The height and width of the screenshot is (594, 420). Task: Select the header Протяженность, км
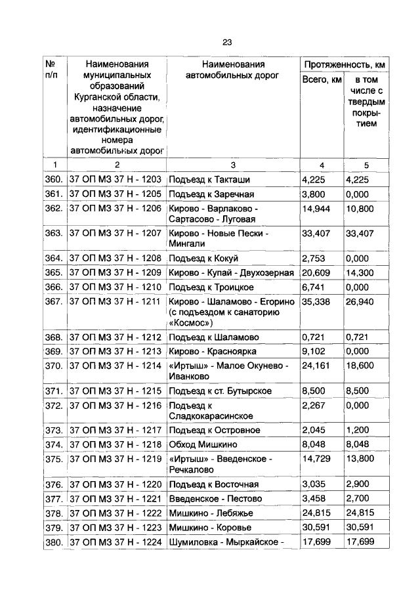click(x=343, y=64)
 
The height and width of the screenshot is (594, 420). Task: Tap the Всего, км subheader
click(x=322, y=80)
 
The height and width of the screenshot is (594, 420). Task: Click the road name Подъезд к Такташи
click(x=209, y=179)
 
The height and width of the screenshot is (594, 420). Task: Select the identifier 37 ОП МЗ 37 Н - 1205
click(x=115, y=194)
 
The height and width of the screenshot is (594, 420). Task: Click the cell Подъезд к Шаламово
click(x=213, y=337)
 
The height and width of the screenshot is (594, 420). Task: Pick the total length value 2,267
click(x=314, y=406)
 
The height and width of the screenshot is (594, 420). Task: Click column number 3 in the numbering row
click(x=233, y=165)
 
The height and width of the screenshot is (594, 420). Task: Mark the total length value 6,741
click(x=314, y=287)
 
